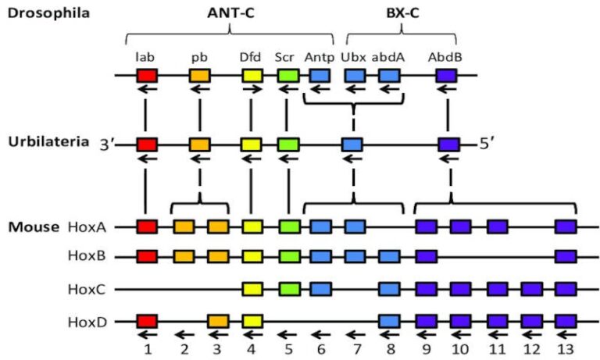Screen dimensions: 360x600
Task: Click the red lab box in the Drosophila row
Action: pos(146,76)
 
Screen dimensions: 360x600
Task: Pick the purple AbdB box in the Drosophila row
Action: pos(447,76)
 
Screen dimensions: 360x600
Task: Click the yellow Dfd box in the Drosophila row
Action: pos(252,76)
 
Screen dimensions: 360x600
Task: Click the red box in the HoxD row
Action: pos(146,320)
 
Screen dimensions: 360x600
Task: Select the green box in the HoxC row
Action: pos(287,289)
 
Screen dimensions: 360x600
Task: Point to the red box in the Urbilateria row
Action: pos(146,144)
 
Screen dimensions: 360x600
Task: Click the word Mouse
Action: pos(34,227)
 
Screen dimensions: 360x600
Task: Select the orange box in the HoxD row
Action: pos(218,320)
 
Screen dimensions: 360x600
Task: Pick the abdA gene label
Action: pos(388,57)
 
